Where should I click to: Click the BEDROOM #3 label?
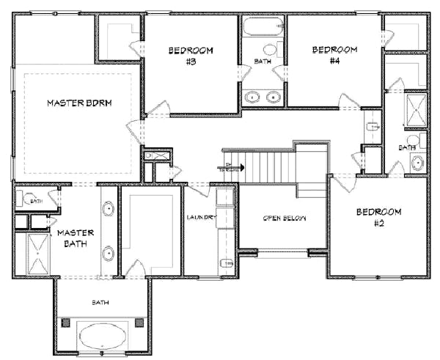pyautogui.click(x=191, y=56)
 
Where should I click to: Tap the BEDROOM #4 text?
pyautogui.click(x=334, y=55)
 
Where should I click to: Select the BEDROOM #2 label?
pyautogui.click(x=378, y=217)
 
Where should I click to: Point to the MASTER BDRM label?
pyautogui.click(x=79, y=103)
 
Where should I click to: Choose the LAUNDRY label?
pyautogui.click(x=200, y=217)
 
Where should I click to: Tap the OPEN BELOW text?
pyautogui.click(x=285, y=218)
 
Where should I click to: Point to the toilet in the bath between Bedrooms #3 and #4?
pyautogui.click(x=270, y=51)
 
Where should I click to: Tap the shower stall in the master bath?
pyautogui.click(x=36, y=251)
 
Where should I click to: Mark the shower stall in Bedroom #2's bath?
pyautogui.click(x=414, y=109)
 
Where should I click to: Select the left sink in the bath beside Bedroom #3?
pyautogui.click(x=253, y=96)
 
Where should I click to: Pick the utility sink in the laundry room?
pyautogui.click(x=226, y=262)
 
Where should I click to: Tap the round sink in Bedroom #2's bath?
pyautogui.click(x=418, y=163)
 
